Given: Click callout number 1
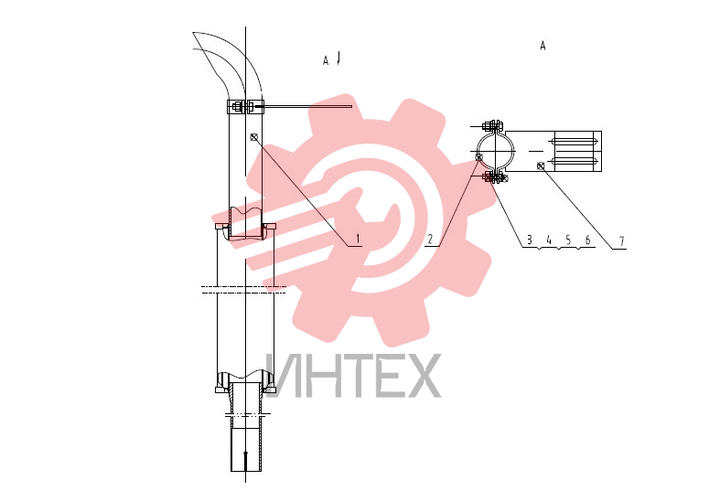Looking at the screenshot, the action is coord(358,239).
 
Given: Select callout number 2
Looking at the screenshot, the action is coord(430,240).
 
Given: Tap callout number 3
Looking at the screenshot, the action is coord(530,240).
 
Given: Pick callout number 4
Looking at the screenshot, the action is coord(549,240).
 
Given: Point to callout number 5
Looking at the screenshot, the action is coord(568,240).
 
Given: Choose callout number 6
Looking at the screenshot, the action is coord(588,240).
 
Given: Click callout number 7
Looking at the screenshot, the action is coord(622,241).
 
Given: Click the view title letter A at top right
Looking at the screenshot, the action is coord(542,46).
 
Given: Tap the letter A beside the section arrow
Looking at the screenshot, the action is coord(326,60).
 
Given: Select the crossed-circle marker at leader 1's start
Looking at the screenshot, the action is coord(253,137).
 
